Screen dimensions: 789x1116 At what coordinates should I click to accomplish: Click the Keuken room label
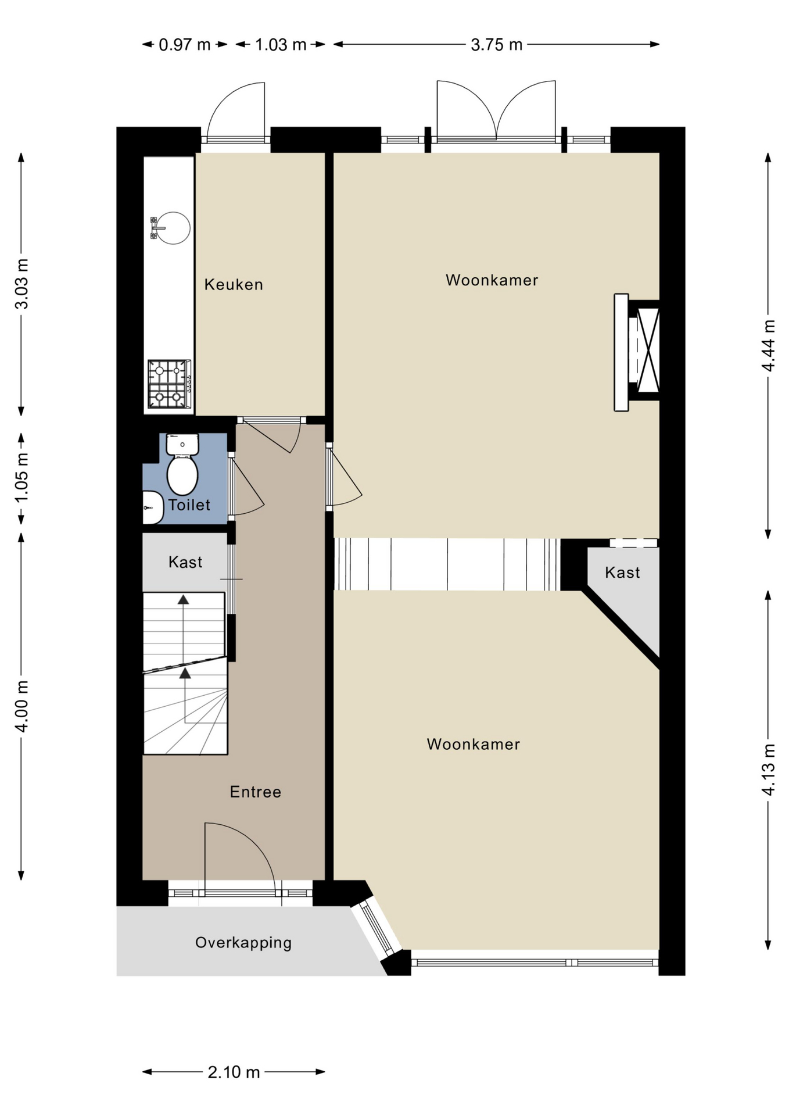pyautogui.click(x=234, y=284)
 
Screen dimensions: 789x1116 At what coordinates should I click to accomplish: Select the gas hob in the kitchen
pyautogui.click(x=170, y=384)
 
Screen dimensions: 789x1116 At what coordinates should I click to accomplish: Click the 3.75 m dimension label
pyautogui.click(x=496, y=45)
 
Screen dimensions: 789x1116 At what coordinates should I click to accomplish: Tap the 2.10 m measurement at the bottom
pyautogui.click(x=234, y=1072)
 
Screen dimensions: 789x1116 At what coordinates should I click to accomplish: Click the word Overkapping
pyautogui.click(x=243, y=943)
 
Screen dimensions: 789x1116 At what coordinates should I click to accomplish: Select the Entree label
pyautogui.click(x=256, y=792)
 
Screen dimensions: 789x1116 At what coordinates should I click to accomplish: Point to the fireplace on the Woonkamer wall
pyautogui.click(x=637, y=352)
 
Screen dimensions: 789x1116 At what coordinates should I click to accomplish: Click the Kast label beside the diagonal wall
pyautogui.click(x=622, y=573)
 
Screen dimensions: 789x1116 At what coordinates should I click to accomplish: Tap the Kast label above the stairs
pyautogui.click(x=185, y=562)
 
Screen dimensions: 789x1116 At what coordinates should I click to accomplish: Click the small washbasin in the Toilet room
pyautogui.click(x=153, y=507)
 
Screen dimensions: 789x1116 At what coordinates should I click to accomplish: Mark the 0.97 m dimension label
pyautogui.click(x=185, y=45)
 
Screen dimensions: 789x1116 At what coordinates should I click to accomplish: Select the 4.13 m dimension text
pyautogui.click(x=769, y=770)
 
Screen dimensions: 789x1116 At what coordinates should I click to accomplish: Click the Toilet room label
pyautogui.click(x=189, y=505)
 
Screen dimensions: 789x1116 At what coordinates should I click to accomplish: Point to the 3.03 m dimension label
pyautogui.click(x=21, y=284)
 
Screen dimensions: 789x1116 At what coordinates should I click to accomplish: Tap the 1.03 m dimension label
pyautogui.click(x=281, y=45)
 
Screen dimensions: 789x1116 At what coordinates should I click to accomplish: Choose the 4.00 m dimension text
pyautogui.click(x=21, y=706)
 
